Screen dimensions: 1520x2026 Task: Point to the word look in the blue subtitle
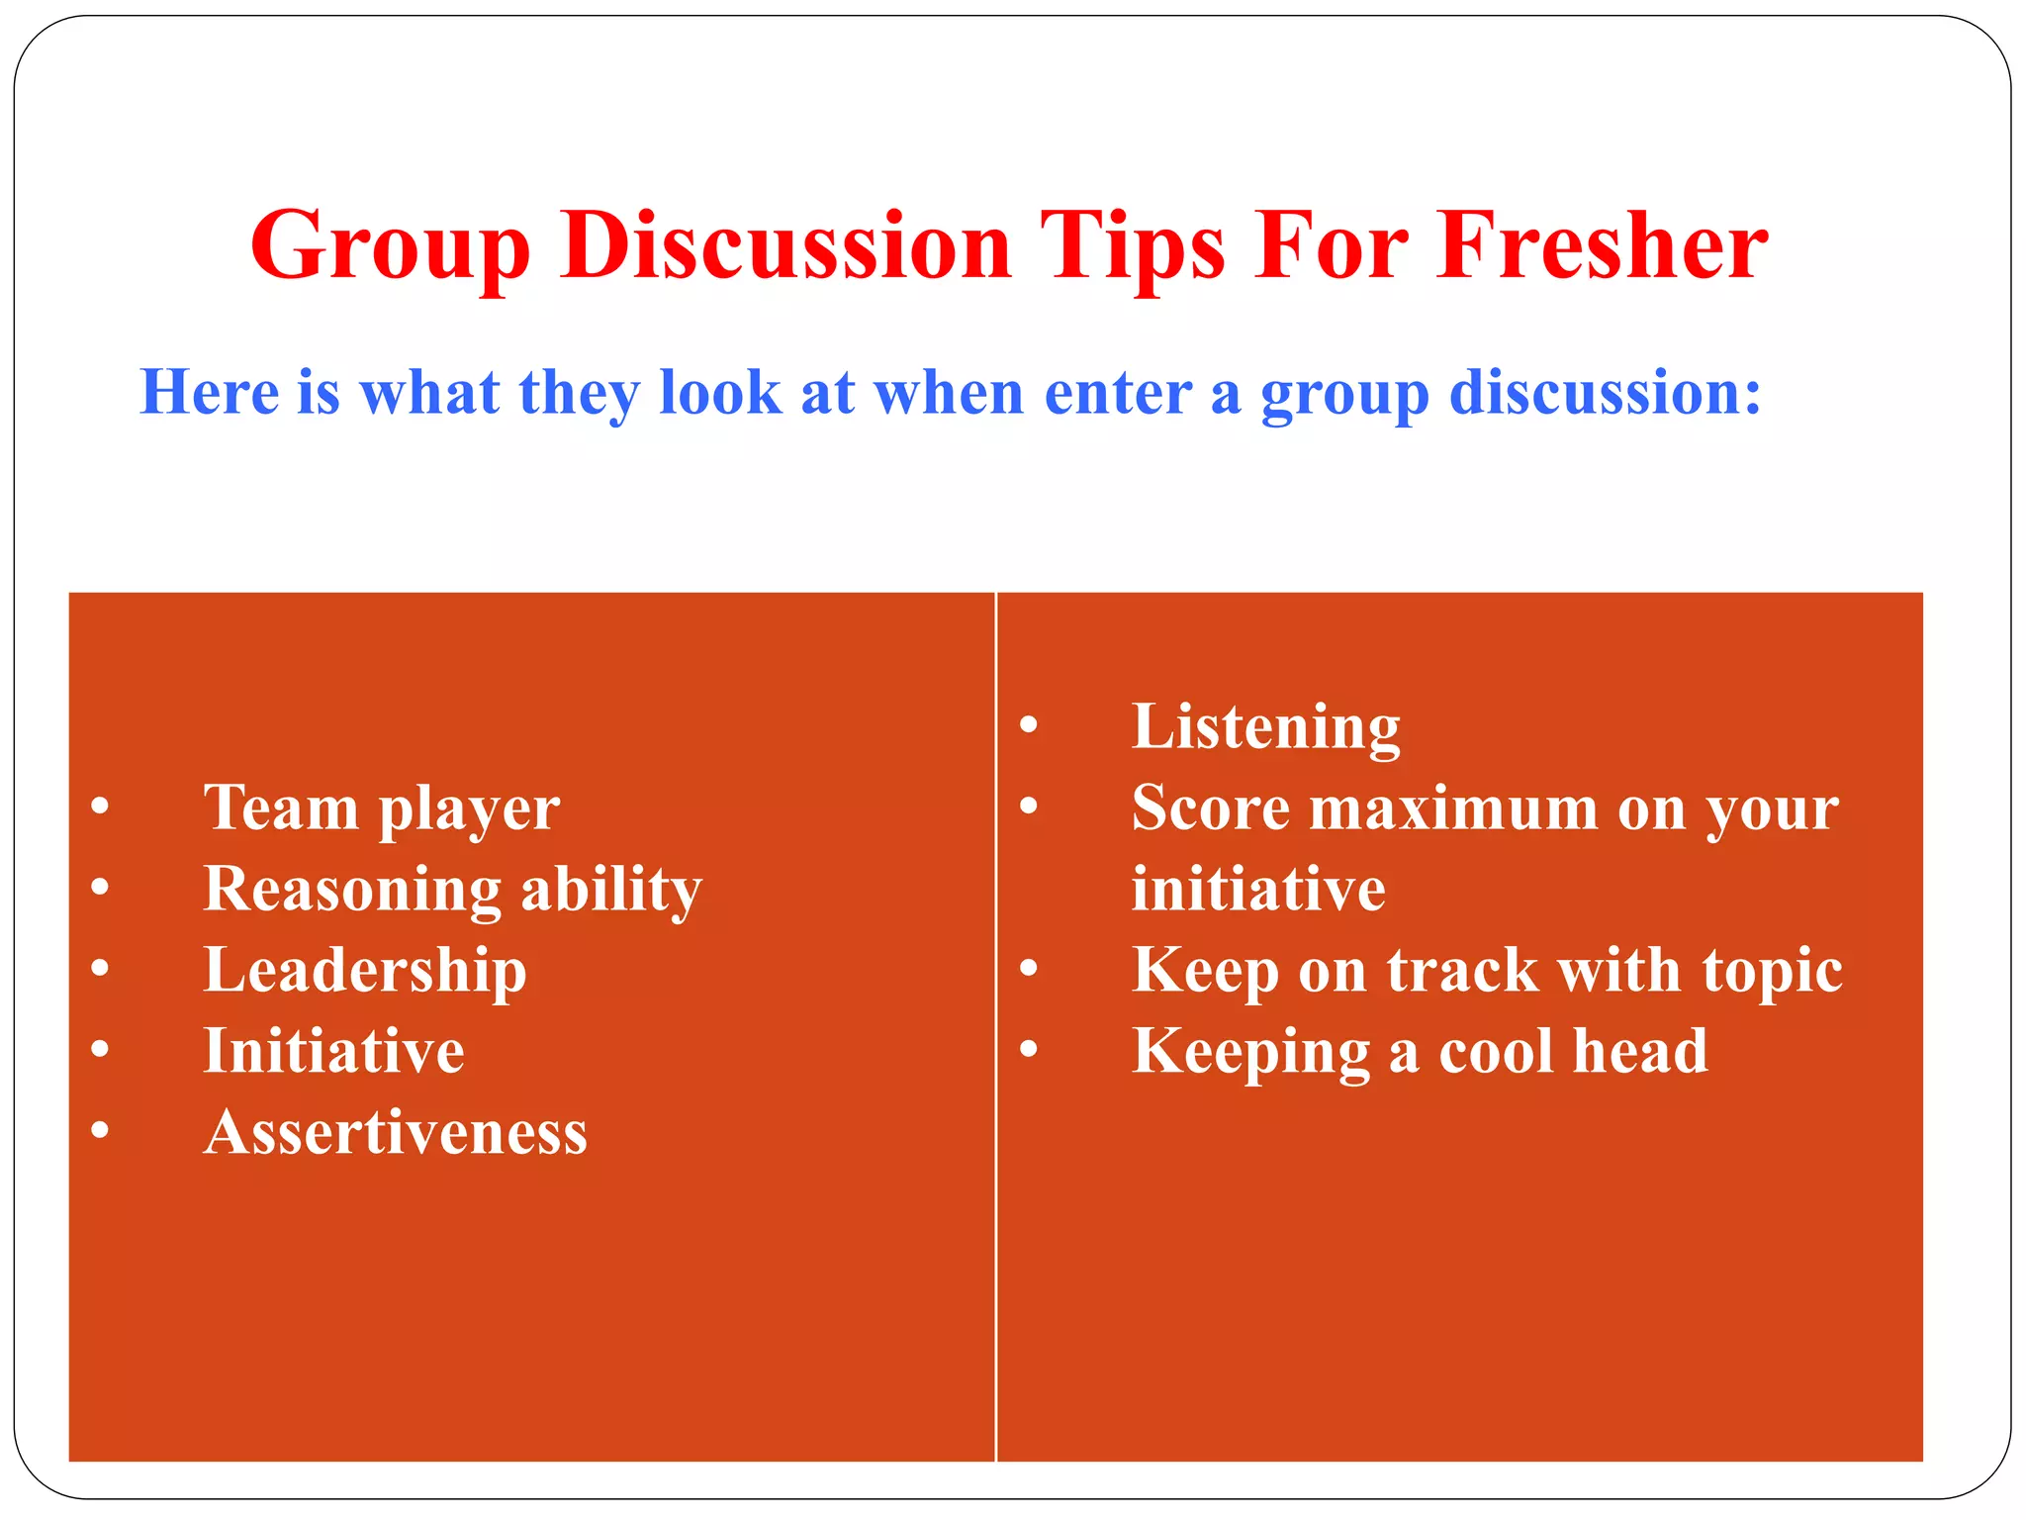tap(719, 392)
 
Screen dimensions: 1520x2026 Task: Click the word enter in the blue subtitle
tap(1117, 393)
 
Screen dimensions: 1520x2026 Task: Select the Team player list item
tap(382, 809)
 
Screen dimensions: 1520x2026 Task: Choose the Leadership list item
tap(365, 971)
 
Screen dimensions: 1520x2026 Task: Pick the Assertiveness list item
tap(396, 1132)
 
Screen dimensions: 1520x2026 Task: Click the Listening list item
tap(1266, 727)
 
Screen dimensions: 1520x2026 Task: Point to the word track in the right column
tap(1462, 970)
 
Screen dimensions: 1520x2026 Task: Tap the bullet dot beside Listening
tap(1029, 725)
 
